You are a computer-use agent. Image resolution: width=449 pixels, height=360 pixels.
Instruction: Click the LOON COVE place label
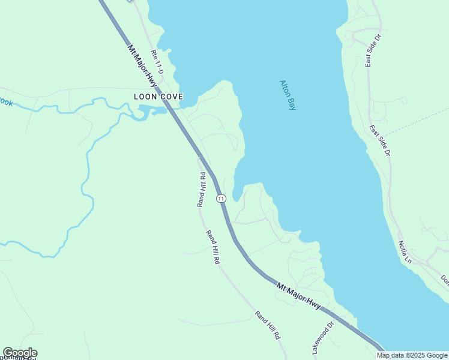[158, 97]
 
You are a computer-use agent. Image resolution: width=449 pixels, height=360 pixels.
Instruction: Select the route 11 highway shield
[221, 198]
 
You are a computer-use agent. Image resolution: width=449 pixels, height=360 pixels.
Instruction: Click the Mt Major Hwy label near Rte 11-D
[141, 65]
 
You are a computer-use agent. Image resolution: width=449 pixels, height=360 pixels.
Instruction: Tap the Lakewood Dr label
[323, 338]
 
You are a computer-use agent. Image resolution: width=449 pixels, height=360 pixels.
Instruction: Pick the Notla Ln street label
[405, 252]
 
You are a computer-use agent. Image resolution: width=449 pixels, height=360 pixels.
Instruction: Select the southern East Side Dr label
[380, 140]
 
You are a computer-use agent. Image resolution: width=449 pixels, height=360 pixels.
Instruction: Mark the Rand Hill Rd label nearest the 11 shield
[202, 190]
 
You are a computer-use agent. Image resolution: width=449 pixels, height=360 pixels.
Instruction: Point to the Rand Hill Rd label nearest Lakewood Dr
[268, 325]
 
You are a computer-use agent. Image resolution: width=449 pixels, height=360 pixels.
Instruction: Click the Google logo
[20, 353]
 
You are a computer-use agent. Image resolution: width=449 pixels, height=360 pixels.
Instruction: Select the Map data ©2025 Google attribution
[412, 355]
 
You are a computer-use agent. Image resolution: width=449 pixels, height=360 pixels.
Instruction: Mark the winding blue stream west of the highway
[86, 180]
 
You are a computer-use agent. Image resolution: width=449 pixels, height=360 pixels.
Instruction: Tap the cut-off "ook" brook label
[5, 103]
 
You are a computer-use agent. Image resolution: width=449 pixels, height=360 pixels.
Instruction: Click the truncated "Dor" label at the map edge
[444, 280]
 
